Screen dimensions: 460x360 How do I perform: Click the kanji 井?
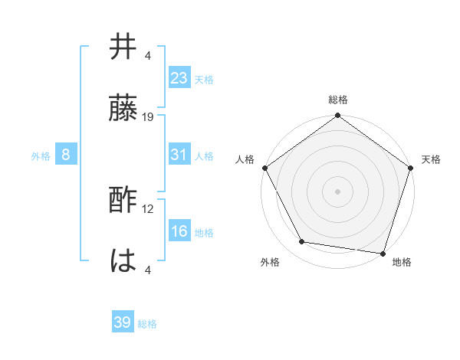pos(123,47)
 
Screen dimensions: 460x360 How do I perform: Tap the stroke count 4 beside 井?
pos(148,55)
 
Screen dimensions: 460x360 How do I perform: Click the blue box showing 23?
pos(179,78)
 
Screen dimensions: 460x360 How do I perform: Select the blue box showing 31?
pos(179,155)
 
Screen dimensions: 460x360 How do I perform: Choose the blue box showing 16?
pos(179,232)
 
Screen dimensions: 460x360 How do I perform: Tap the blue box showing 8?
pos(66,155)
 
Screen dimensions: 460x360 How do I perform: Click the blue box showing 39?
pos(122,322)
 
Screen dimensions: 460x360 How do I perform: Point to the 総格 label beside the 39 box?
pos(147,324)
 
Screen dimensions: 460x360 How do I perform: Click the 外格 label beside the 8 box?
pos(41,156)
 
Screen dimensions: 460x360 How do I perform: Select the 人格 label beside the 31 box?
pos(204,156)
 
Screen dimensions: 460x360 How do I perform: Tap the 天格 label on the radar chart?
pos(431,159)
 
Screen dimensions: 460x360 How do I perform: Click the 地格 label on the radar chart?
pos(402,262)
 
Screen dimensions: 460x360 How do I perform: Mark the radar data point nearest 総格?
pos(337,116)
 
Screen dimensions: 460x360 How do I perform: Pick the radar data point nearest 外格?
pos(302,242)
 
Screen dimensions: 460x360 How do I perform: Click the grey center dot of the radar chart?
pos(337,191)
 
